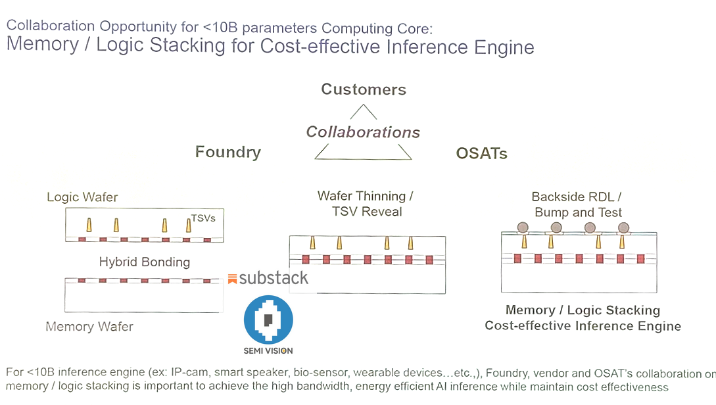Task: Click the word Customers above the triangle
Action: point(364,89)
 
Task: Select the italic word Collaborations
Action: point(363,132)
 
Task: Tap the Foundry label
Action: point(227,153)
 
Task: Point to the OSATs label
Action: point(481,154)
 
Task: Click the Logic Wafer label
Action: point(82,197)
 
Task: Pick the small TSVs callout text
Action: point(203,218)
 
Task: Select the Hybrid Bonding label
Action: point(144,262)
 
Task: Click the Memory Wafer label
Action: point(89,327)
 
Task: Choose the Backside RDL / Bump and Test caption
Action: point(577,204)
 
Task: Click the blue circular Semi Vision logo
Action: point(268,320)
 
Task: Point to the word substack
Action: point(274,278)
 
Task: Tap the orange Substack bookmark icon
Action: point(232,279)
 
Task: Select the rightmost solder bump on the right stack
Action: point(623,227)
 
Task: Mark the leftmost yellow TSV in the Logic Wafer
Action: point(89,226)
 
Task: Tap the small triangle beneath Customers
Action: point(363,112)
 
